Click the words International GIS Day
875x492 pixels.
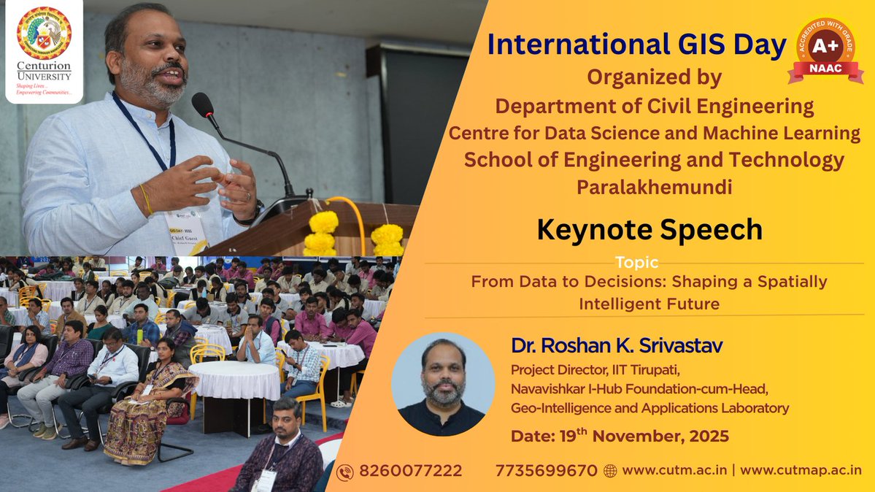pos(636,45)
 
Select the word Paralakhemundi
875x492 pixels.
pos(654,187)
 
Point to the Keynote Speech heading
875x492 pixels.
pos(649,230)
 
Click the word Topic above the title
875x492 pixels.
pos(636,262)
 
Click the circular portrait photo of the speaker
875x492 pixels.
pos(443,384)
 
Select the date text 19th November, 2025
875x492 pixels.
pos(620,437)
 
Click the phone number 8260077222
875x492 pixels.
pos(410,471)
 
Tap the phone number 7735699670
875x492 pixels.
pos(546,471)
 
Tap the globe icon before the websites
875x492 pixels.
pos(610,472)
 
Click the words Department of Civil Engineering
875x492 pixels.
pos(654,107)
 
